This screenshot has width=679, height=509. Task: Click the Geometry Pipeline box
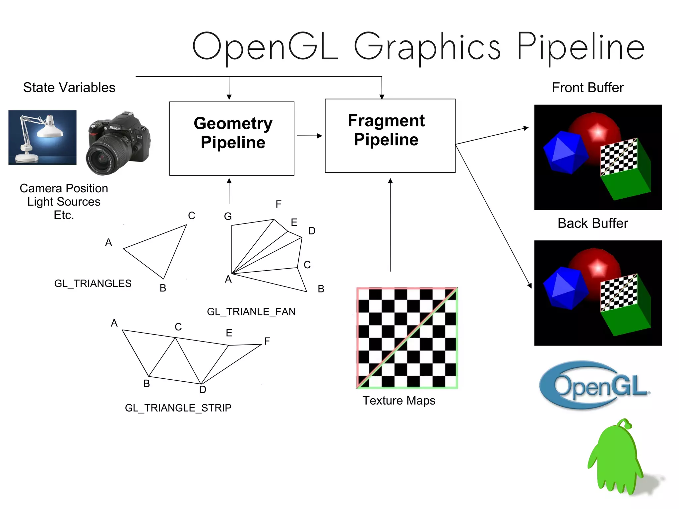[x=232, y=138]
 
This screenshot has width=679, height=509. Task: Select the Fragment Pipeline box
[x=390, y=136]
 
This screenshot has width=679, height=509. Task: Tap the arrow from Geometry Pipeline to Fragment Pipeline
[x=309, y=136]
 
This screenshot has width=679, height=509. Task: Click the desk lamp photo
[x=42, y=137]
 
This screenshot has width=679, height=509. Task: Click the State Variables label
[x=69, y=88]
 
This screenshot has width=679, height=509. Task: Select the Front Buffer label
[x=587, y=88]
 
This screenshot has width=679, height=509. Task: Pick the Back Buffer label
[x=592, y=223]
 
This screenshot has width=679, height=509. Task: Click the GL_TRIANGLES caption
[x=93, y=284]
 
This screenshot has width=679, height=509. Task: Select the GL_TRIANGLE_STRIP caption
[x=178, y=408]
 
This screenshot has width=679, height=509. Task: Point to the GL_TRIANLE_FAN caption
[x=251, y=312]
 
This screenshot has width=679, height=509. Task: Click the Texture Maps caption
[x=399, y=401]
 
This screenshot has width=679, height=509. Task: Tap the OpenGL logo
[x=594, y=385]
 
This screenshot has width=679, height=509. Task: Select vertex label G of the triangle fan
[x=228, y=217]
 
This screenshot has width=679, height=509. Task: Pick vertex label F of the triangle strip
[x=267, y=341]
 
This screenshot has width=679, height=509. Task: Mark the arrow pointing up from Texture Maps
[x=390, y=225]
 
